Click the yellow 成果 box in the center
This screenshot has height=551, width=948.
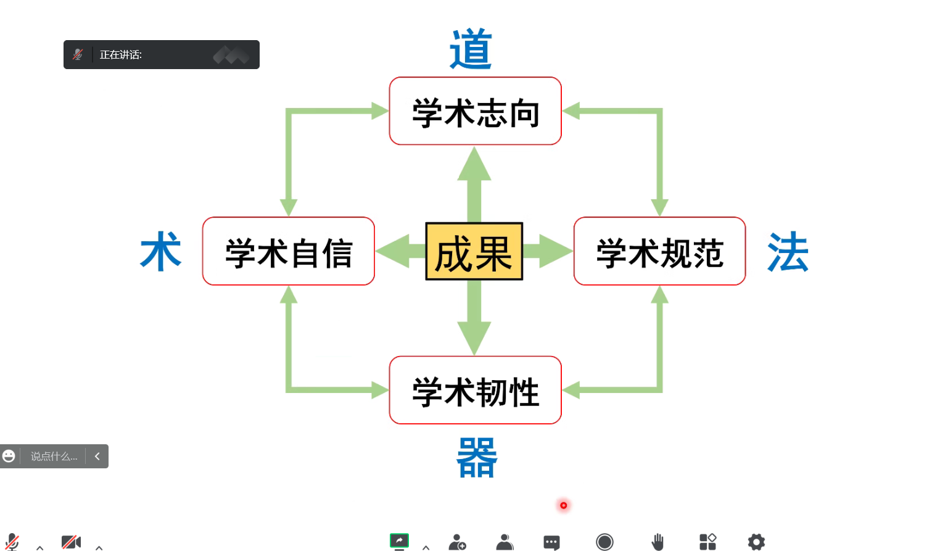(474, 252)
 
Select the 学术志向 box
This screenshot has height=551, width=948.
(475, 112)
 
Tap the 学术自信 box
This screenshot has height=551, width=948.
(288, 252)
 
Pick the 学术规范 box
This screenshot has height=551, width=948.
(659, 252)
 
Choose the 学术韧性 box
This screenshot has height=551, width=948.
(475, 391)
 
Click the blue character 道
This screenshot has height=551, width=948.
(471, 49)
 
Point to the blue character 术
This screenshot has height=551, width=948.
(161, 252)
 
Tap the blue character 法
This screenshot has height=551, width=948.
(788, 252)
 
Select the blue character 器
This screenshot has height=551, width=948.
(476, 458)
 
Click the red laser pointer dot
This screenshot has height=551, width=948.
(563, 505)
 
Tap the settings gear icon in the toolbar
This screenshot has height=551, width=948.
(756, 542)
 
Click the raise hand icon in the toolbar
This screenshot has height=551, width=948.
(657, 542)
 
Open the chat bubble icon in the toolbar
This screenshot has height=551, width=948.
(551, 542)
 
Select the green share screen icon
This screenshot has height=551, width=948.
(399, 541)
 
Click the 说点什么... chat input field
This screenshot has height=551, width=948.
(54, 457)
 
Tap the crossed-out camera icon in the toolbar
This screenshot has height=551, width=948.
(71, 542)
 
